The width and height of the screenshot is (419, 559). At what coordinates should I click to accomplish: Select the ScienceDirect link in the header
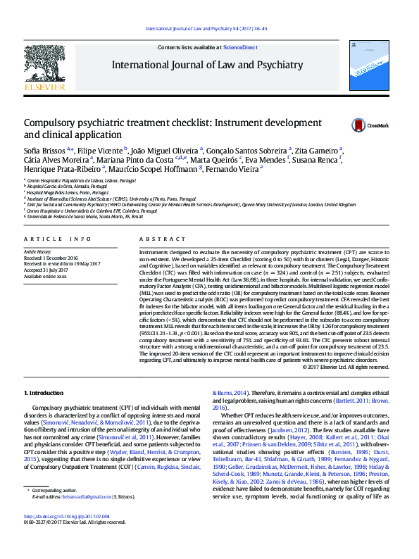(240, 47)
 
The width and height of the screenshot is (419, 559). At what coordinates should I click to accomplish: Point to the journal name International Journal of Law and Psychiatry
(206, 65)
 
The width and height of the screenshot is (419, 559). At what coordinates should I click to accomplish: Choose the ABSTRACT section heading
(156, 239)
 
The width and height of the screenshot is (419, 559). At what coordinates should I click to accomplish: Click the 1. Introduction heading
(44, 392)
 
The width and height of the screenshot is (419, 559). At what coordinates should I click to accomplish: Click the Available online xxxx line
(51, 276)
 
